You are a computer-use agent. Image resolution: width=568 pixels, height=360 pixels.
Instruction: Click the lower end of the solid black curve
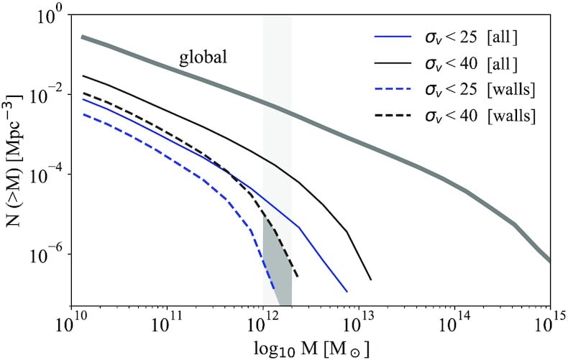coord(370,280)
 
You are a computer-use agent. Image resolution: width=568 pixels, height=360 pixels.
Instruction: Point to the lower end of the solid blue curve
coord(347,292)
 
